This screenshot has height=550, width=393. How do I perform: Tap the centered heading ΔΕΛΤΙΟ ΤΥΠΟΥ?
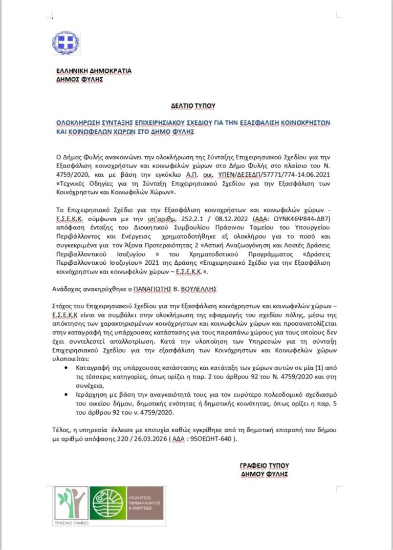pyautogui.click(x=193, y=105)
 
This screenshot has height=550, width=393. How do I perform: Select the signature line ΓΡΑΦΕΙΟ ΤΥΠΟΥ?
pyautogui.click(x=264, y=466)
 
